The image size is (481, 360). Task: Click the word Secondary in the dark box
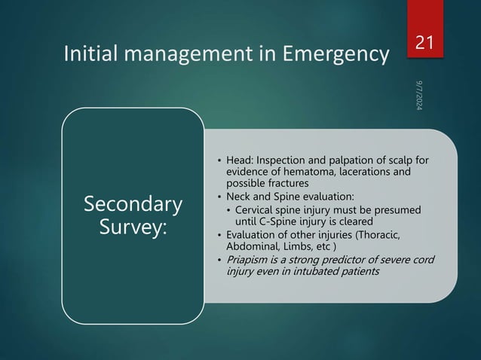[133, 204]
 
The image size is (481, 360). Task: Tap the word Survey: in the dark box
[133, 227]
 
